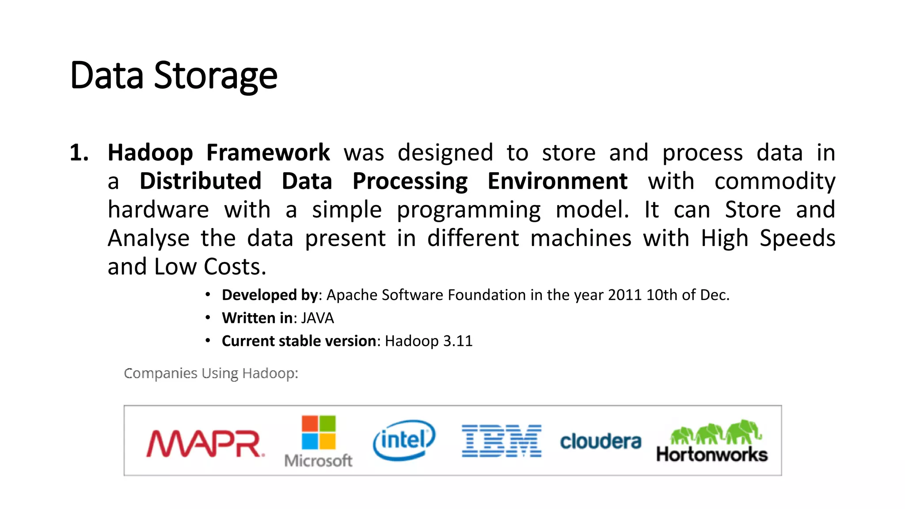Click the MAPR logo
coord(205,443)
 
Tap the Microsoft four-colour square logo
coord(319,432)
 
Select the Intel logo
coord(404,440)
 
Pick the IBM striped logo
coord(502,441)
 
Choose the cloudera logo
coord(601,441)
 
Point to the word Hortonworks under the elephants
coord(712,455)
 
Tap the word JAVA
coord(317,318)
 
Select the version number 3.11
coord(458,341)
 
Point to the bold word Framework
coord(268,153)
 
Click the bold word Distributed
coord(201,181)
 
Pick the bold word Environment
coord(557,181)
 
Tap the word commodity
coord(775,181)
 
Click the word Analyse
coord(148,238)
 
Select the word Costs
coord(235,267)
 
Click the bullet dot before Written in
coord(208,318)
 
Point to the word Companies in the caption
coord(160,373)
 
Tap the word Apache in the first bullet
coord(352,295)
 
